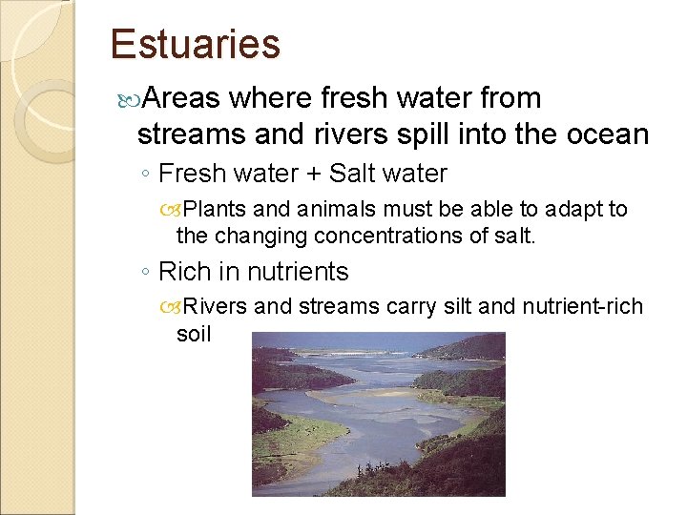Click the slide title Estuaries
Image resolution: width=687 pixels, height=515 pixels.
click(x=195, y=45)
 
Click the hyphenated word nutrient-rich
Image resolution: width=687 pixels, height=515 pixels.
click(x=578, y=307)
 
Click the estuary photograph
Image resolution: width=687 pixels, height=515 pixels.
click(x=378, y=414)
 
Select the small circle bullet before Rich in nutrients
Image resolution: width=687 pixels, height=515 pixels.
click(x=144, y=273)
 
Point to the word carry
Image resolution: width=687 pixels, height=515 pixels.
click(x=412, y=307)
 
